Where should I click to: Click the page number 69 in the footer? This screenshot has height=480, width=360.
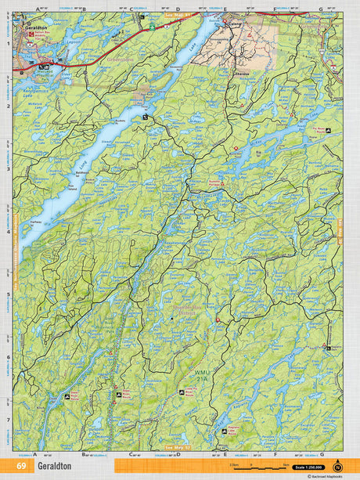click(x=20, y=465)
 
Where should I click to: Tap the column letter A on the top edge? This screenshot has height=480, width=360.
click(x=36, y=8)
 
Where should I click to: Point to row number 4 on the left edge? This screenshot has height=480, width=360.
click(x=8, y=232)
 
